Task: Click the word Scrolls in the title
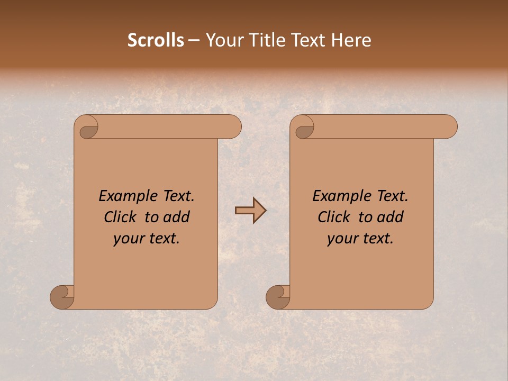coord(156,40)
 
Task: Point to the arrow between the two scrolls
coord(250,211)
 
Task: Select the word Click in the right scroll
coord(334,217)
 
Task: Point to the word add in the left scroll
coord(176,217)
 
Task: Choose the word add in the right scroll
coord(390,217)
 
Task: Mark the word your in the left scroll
coord(129,239)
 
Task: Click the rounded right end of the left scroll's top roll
coord(233,127)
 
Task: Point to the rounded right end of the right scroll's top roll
coord(449,127)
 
